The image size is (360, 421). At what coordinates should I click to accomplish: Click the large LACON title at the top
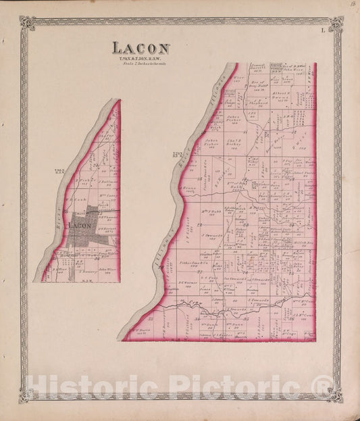coord(140,48)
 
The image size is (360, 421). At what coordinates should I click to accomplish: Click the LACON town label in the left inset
coord(80,225)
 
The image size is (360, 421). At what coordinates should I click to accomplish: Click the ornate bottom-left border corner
coord(26,394)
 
